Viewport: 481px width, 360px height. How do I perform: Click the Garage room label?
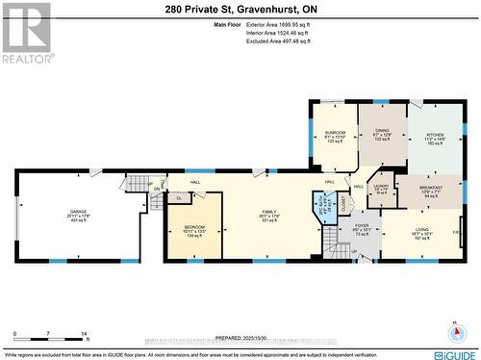click(x=79, y=216)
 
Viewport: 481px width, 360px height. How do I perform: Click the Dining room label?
click(x=381, y=136)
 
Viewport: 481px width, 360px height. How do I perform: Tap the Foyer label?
click(x=362, y=230)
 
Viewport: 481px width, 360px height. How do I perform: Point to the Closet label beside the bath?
click(x=345, y=205)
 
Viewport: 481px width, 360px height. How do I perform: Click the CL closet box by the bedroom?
click(x=179, y=197)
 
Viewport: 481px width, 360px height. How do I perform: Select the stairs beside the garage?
click(x=138, y=184)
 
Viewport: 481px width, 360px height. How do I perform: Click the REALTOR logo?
click(x=26, y=33)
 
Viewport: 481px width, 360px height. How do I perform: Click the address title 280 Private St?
click(x=240, y=8)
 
